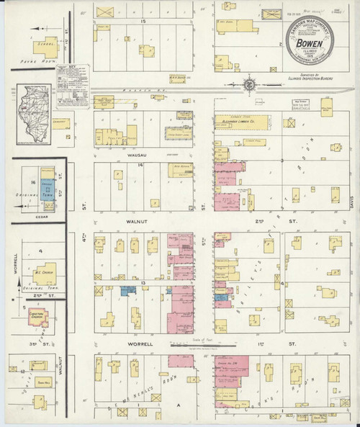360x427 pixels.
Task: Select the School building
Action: (x=48, y=45)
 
